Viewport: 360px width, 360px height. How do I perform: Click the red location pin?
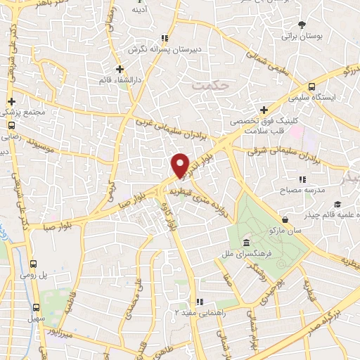click(181, 165)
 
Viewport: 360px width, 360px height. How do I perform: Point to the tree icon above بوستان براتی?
click(302, 24)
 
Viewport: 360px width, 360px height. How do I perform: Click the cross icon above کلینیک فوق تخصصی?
click(264, 110)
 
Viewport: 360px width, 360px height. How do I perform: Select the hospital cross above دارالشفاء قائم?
click(120, 69)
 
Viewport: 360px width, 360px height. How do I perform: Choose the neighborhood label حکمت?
click(210, 84)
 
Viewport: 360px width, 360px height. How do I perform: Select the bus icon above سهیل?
click(36, 307)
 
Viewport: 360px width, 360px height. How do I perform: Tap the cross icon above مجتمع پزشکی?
click(11, 101)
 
